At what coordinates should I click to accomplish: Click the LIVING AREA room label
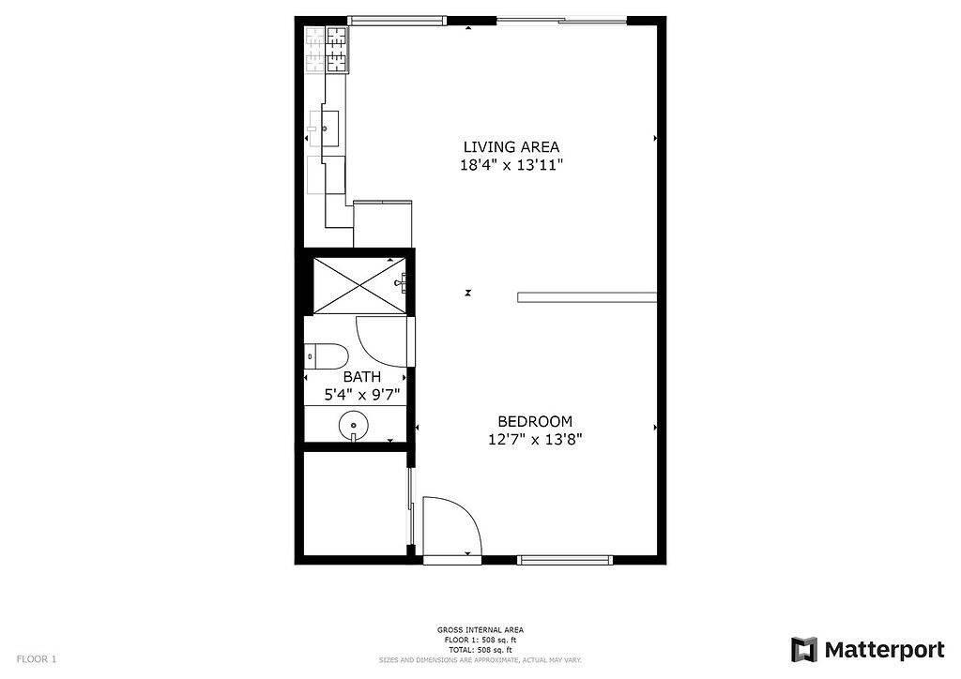[x=511, y=146]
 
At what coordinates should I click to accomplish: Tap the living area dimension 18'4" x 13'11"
[x=511, y=165]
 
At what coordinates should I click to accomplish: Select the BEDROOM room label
[x=534, y=421]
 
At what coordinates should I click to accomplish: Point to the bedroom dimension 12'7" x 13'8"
[x=534, y=439]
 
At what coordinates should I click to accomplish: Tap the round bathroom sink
[x=353, y=425]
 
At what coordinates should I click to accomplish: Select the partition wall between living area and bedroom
[x=587, y=297]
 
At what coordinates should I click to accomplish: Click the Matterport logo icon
[x=804, y=649]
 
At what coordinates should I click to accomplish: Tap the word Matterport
[x=884, y=649]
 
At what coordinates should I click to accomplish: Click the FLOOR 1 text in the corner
[x=37, y=659]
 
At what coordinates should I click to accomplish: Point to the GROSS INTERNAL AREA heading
[x=480, y=629]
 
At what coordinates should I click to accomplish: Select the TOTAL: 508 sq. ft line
[x=480, y=649]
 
